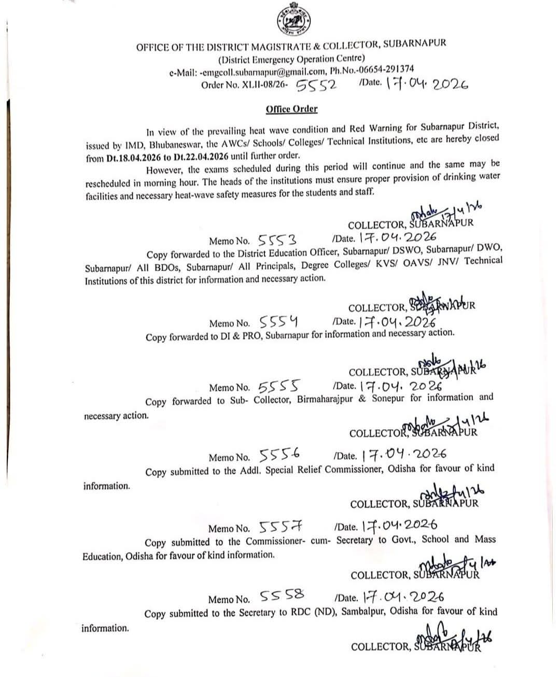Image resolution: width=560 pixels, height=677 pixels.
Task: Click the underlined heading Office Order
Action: pos(291,109)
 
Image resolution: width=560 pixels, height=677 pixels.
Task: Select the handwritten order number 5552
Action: pos(316,84)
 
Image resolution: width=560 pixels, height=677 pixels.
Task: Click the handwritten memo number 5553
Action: pos(277,239)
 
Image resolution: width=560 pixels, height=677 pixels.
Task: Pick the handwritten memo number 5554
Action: pos(278,322)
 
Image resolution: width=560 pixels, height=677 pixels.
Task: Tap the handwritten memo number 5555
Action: pos(278,387)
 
